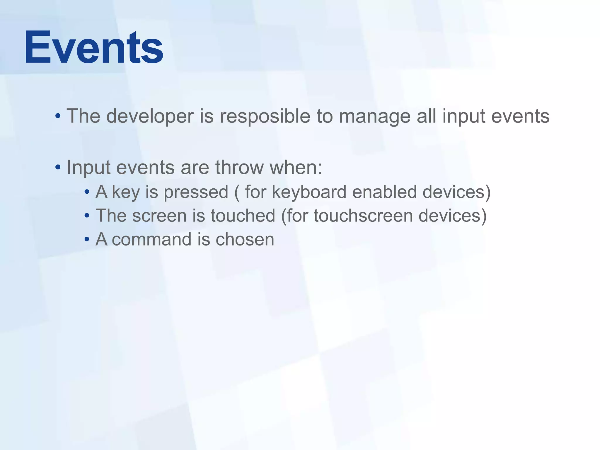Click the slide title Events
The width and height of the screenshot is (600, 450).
tap(94, 48)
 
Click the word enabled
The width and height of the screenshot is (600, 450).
tap(384, 192)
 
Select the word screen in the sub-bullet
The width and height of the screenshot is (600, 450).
tap(159, 216)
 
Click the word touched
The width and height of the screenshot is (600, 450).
tap(243, 216)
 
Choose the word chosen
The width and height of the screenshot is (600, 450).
tap(245, 240)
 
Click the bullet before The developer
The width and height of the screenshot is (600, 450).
tap(58, 116)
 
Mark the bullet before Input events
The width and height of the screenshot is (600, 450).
tap(58, 168)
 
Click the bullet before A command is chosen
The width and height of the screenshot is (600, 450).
tap(87, 240)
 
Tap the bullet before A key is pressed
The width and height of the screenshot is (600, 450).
tap(87, 192)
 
